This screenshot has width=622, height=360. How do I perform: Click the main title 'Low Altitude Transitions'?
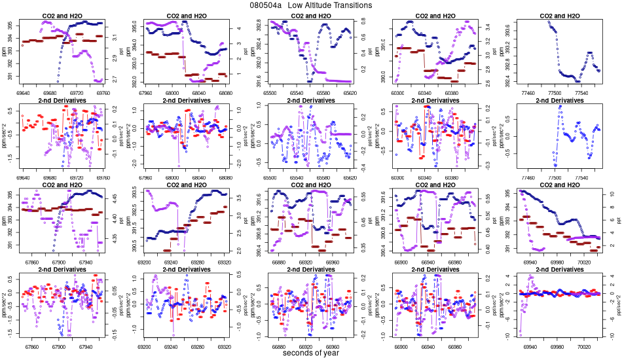[x=335, y=5]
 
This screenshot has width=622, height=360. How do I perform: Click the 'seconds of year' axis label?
[x=311, y=353]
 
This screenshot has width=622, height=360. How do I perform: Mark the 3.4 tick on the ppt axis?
[x=486, y=27]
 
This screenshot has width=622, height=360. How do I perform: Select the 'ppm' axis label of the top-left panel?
[x=5, y=52]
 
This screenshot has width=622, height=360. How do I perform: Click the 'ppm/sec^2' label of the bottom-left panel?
[x=5, y=306]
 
